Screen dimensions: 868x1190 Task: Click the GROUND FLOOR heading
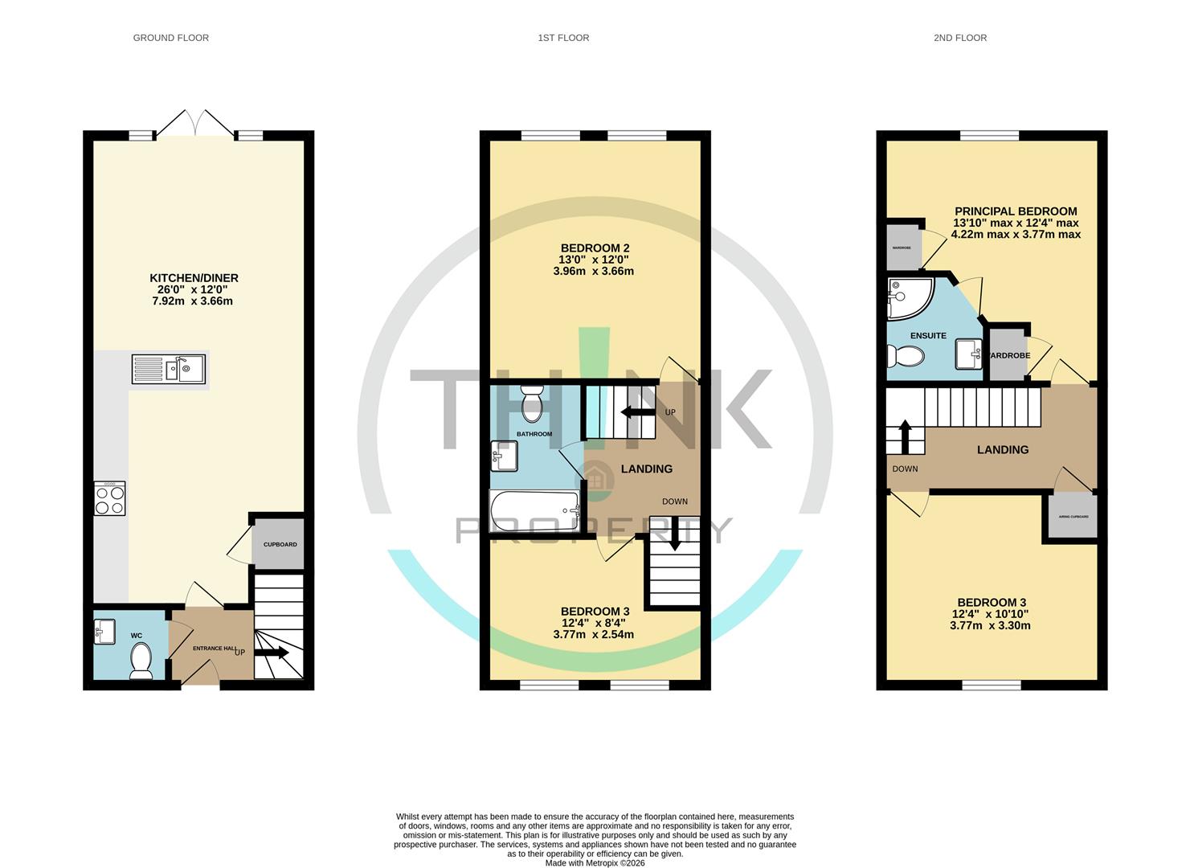pyautogui.click(x=170, y=38)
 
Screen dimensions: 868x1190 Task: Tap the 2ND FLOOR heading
pyautogui.click(x=959, y=38)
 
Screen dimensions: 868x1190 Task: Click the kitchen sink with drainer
pyautogui.click(x=169, y=370)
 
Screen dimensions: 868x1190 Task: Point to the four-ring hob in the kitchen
pyautogui.click(x=109, y=498)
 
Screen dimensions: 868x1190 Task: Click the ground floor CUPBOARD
pyautogui.click(x=280, y=544)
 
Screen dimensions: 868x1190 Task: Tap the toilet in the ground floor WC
pyautogui.click(x=141, y=661)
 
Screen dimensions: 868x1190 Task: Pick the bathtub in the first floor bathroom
pyautogui.click(x=535, y=508)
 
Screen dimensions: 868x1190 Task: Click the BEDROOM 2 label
pyautogui.click(x=595, y=248)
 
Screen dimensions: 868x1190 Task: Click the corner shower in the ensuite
pyautogui.click(x=909, y=297)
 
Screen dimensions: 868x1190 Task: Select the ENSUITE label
pyautogui.click(x=928, y=335)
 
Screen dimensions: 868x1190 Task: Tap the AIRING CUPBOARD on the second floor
pyautogui.click(x=1073, y=517)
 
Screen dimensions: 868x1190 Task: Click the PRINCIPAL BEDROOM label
pyautogui.click(x=1016, y=211)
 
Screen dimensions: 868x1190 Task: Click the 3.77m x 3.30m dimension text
pyautogui.click(x=990, y=625)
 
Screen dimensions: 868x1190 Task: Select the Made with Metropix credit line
pyautogui.click(x=595, y=863)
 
